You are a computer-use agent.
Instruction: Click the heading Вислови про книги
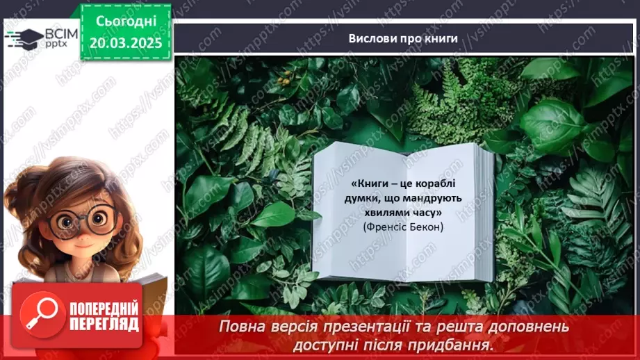[x=403, y=39]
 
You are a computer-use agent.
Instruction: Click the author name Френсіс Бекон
[x=403, y=227]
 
